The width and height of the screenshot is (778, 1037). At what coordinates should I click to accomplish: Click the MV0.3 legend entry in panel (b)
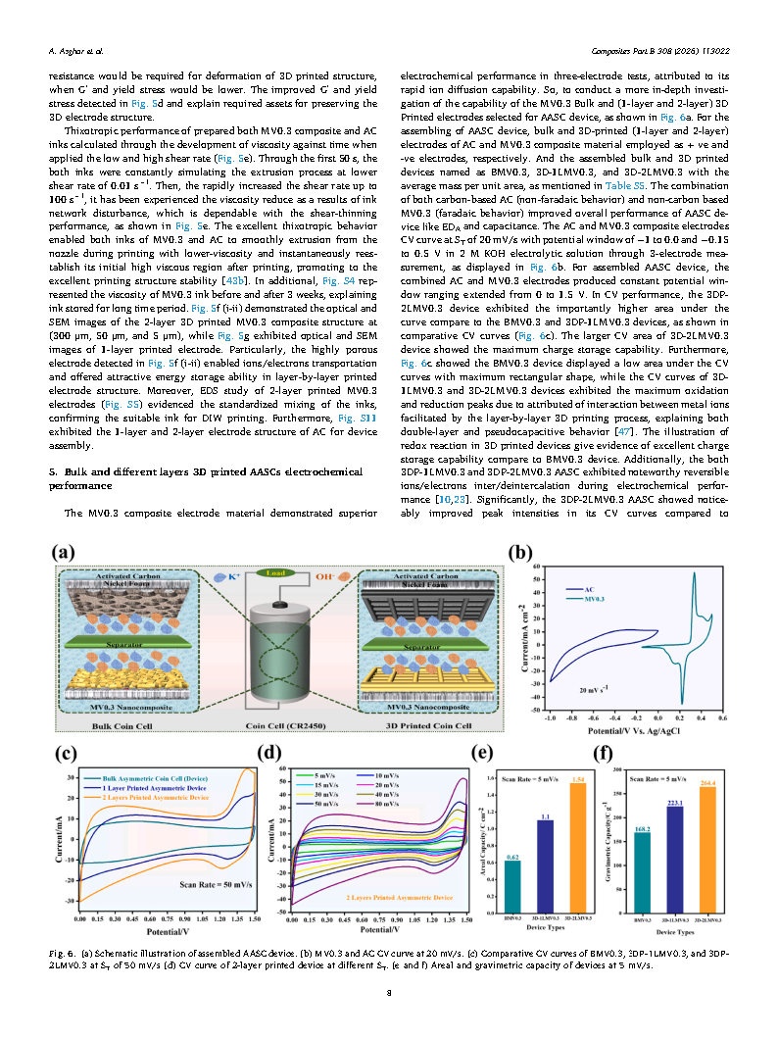[x=594, y=598]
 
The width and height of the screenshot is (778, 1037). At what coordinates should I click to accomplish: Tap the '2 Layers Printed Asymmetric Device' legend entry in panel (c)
[x=157, y=770]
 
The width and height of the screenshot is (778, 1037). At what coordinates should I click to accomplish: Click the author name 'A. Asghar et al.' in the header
[x=76, y=48]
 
